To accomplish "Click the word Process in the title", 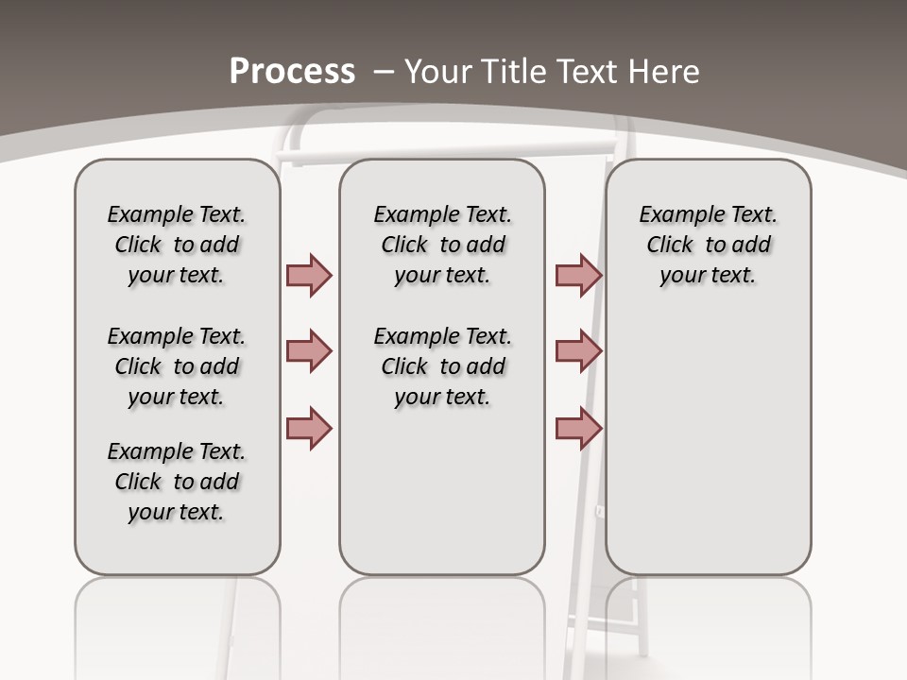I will point(292,72).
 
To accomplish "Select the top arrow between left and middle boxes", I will point(309,275).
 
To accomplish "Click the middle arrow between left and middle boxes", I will point(309,351).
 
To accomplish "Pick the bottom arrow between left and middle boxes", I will point(309,428).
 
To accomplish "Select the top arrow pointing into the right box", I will point(578,275).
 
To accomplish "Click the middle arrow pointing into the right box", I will point(578,351).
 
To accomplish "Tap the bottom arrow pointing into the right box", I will point(578,428).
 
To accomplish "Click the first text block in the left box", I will point(177,245).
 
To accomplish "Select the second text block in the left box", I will point(177,366).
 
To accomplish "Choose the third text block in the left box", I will point(177,482).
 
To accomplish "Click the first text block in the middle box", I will point(442,245).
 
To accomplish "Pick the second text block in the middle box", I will point(442,366).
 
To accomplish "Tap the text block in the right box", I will point(708,245).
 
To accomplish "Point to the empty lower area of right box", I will point(708,453).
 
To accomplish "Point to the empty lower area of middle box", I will point(442,491).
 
